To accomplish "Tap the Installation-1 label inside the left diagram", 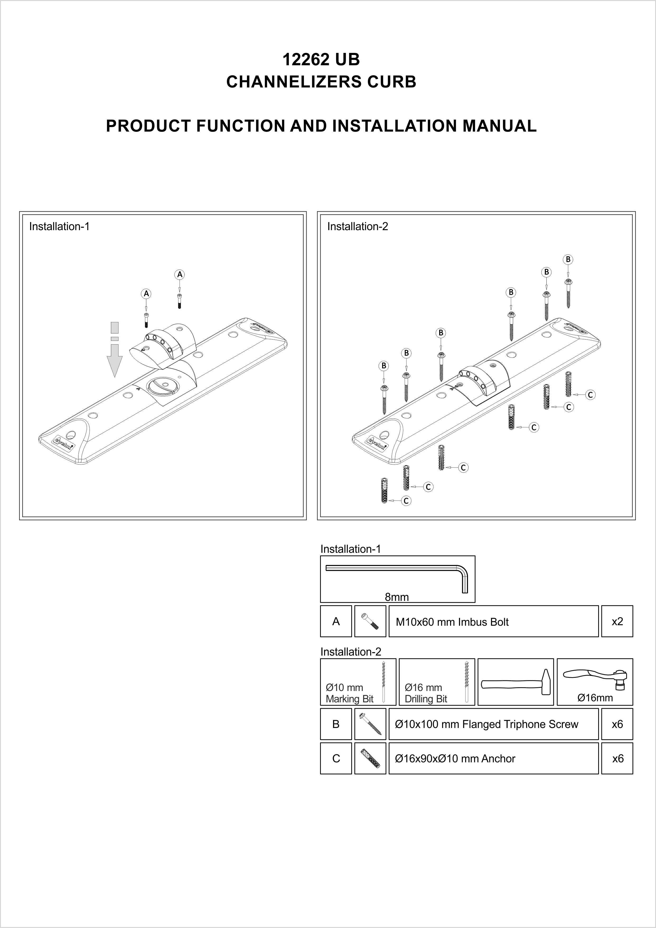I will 59,226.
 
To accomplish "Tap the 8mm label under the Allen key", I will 397,597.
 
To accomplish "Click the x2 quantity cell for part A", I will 617,621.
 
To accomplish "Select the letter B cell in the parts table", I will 336,724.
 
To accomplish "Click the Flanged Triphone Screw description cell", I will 493,724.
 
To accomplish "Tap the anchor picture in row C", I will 370,759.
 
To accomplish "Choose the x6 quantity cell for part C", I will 617,759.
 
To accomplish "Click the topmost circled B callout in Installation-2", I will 568,259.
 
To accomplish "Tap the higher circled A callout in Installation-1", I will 179,275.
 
